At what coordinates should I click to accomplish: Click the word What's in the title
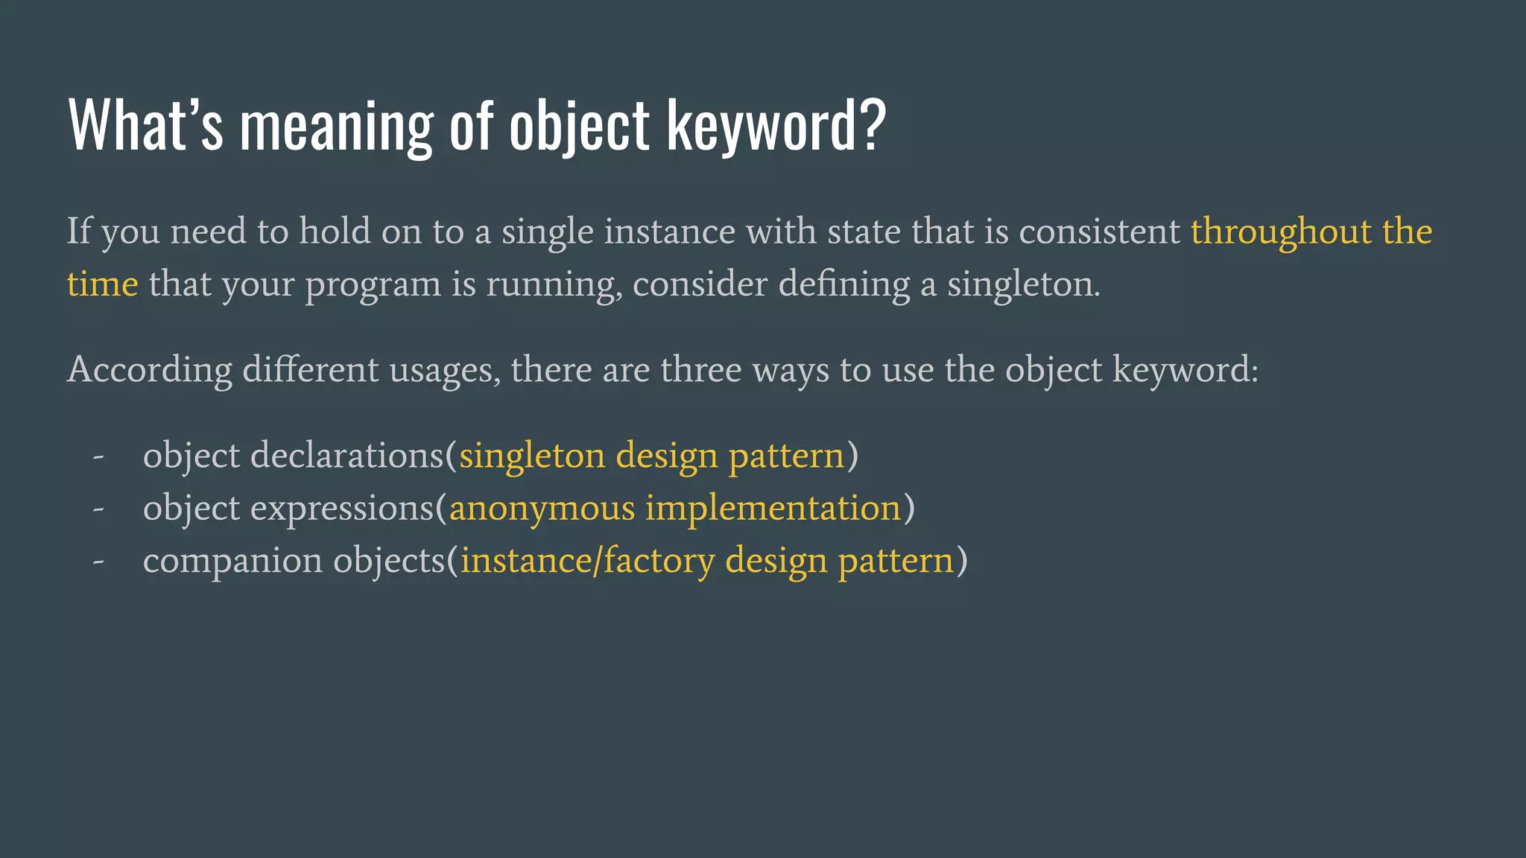click(x=145, y=125)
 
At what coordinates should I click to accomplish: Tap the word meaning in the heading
click(x=336, y=127)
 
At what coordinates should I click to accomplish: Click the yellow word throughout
click(x=1281, y=232)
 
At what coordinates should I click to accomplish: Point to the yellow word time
click(x=102, y=285)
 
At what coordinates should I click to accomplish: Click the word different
click(x=311, y=370)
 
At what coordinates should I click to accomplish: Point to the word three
click(x=700, y=370)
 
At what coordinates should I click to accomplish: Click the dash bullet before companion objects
click(x=98, y=562)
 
